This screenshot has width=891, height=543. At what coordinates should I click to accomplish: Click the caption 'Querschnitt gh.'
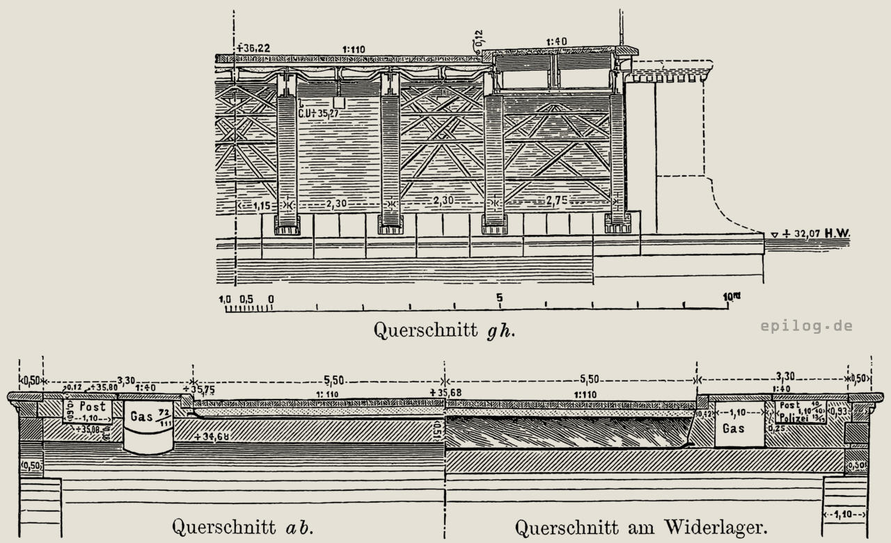click(445, 328)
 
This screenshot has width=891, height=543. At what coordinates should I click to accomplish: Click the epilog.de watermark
click(806, 325)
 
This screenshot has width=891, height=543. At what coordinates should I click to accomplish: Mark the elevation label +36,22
click(253, 48)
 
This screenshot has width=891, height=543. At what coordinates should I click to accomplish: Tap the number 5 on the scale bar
click(499, 298)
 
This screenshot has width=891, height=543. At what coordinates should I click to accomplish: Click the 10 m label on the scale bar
click(731, 296)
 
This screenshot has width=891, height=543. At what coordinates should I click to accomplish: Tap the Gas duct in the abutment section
click(734, 428)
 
